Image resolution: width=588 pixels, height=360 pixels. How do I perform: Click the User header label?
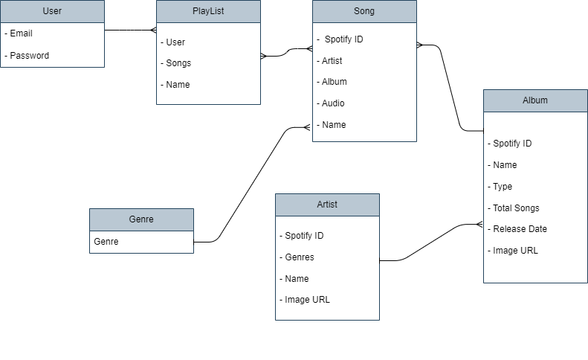(52, 11)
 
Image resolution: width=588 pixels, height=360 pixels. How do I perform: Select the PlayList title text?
(208, 11)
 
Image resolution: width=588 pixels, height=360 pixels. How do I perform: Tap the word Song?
(364, 11)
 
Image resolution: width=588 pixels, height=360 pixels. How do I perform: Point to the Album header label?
(535, 100)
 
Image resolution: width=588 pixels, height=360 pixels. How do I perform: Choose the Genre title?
(141, 219)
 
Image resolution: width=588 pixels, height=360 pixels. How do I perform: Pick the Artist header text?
(327, 205)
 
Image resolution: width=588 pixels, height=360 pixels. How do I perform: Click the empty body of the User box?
(52, 45)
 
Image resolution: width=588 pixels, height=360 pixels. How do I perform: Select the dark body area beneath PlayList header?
(208, 63)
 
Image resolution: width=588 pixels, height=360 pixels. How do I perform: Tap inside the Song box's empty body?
(364, 82)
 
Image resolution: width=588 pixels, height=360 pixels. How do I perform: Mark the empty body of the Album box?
(535, 197)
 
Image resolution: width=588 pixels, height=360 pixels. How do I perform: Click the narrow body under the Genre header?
(141, 242)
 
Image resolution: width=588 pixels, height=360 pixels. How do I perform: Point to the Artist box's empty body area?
(327, 268)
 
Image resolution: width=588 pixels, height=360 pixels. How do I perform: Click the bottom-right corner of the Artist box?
(379, 320)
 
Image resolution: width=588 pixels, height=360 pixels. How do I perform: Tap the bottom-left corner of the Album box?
(484, 283)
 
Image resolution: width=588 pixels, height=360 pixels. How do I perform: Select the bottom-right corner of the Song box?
(416, 141)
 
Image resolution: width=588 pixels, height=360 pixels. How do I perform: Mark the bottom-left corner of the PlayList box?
(157, 104)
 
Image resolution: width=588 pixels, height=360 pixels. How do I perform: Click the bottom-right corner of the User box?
(104, 67)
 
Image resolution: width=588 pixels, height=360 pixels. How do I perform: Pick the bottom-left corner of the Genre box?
(90, 253)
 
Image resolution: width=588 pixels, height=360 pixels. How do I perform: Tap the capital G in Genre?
(132, 219)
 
